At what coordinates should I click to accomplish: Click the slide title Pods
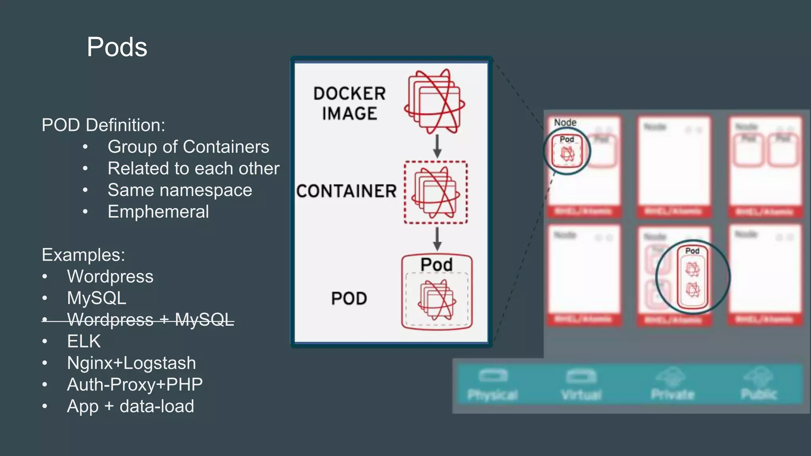tap(117, 47)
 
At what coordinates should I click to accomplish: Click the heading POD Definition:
tap(103, 125)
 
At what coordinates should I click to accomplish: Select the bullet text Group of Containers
tap(188, 147)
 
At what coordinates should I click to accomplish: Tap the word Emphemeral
tap(158, 212)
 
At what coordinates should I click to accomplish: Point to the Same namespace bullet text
tap(180, 190)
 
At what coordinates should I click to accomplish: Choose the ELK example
tap(84, 341)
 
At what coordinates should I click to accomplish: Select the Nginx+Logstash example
tap(131, 363)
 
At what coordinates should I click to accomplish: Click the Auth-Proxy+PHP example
tap(135, 385)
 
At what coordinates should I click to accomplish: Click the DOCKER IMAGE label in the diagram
tap(349, 104)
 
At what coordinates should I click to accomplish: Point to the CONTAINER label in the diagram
tap(346, 191)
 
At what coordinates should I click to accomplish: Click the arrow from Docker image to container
tap(437, 146)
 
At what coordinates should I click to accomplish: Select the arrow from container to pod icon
tap(437, 239)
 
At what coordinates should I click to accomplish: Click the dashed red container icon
tap(436, 192)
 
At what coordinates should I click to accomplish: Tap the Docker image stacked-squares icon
tap(435, 102)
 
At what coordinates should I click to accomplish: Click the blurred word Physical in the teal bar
tap(492, 395)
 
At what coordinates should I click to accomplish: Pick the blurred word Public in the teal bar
tap(759, 394)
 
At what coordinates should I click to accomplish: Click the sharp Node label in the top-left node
tap(565, 123)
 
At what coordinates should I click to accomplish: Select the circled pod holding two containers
tap(692, 277)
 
